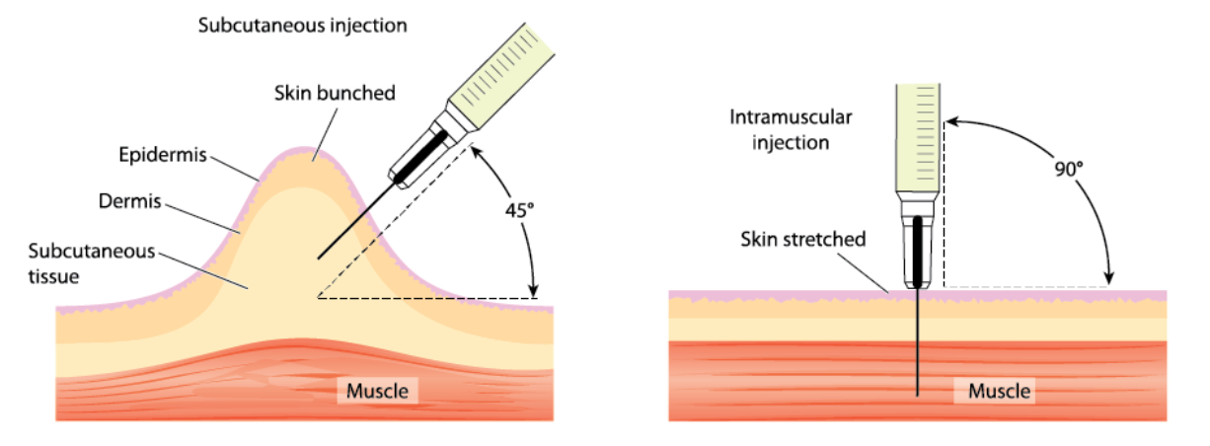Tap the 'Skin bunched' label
pos(335,94)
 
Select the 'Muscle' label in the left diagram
pos(376,391)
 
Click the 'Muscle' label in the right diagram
pos(999,391)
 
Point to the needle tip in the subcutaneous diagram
pos(320,259)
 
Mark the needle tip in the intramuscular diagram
pos(919,394)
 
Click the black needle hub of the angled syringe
pos(417,155)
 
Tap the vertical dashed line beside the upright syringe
pos(945,207)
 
